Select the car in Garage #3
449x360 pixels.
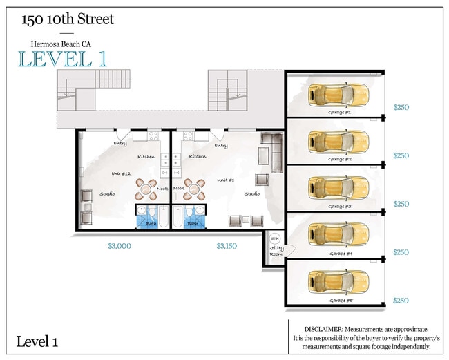pos(338,187)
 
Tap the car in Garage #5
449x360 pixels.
pos(338,281)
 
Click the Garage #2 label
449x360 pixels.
pos(340,159)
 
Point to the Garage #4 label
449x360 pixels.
pos(340,254)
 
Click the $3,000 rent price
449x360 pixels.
pos(120,245)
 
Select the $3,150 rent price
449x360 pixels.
pos(227,245)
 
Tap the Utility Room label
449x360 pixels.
pos(276,254)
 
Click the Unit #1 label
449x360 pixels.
pos(226,179)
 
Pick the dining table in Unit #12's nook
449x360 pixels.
pos(146,187)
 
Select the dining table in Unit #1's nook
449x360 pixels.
pos(195,187)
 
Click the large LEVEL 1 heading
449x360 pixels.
pos(62,59)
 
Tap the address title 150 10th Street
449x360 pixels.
pos(68,19)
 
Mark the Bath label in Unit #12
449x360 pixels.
pos(151,223)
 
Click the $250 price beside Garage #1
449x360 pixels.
pos(401,108)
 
